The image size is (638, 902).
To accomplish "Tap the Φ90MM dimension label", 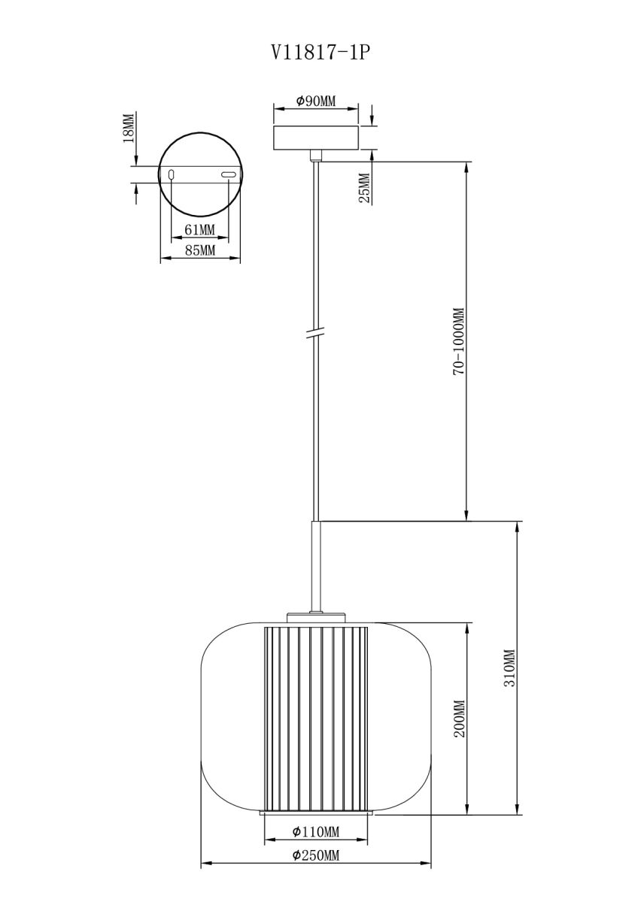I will coord(315,101).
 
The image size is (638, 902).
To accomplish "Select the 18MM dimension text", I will coord(129,129).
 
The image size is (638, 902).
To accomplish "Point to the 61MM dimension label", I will coord(199,229).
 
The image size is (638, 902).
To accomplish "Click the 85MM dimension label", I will coord(199,250).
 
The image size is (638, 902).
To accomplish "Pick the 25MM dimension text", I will coord(363,188).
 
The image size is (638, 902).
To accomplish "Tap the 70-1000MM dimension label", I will coord(458,341).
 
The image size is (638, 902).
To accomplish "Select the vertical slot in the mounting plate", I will coord(172,175).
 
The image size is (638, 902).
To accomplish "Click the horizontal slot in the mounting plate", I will coord(228,175).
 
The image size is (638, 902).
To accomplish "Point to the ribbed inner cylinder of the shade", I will coord(315,718).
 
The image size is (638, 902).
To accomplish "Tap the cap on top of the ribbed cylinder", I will coord(315,618).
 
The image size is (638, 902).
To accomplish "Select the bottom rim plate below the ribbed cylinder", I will coord(315,813).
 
